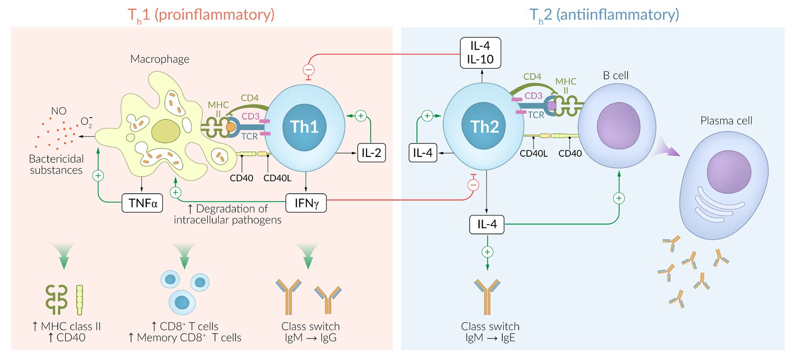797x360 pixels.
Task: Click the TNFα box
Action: (x=142, y=203)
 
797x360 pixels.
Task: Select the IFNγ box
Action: (x=306, y=203)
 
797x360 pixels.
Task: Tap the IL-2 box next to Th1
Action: (x=371, y=153)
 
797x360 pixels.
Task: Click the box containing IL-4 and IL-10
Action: (x=480, y=53)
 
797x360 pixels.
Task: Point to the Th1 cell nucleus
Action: (x=304, y=126)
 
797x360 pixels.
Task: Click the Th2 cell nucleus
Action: (x=485, y=126)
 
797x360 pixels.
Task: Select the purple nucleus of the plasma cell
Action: (x=729, y=171)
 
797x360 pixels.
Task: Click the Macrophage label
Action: (x=159, y=59)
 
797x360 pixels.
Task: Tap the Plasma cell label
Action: (x=726, y=120)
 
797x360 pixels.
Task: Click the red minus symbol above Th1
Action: (x=309, y=70)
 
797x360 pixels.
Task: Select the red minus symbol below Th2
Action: (x=473, y=185)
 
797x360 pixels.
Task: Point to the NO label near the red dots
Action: (x=59, y=111)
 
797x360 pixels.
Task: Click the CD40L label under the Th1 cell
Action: (x=277, y=178)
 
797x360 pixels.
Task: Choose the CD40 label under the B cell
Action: (x=570, y=154)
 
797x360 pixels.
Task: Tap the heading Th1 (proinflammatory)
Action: (x=201, y=15)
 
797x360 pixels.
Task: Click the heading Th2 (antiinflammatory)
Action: (x=604, y=15)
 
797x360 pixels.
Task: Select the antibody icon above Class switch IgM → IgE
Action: (x=487, y=296)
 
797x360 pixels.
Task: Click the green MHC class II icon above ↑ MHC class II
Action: (x=56, y=299)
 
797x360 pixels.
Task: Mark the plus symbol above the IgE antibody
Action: (x=487, y=252)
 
